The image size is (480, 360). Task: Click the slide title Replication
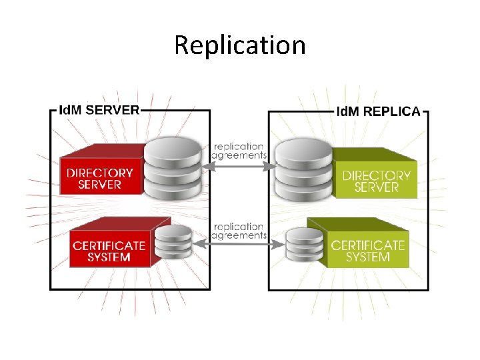point(240,45)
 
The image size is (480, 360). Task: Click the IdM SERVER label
point(99,109)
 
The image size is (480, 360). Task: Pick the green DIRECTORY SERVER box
point(377,180)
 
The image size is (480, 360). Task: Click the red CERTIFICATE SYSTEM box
point(109,250)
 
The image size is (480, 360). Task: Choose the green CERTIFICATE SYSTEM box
point(367,250)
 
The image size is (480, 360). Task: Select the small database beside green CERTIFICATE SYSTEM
point(304,245)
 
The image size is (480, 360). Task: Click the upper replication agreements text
point(239,151)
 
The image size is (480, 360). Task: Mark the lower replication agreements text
point(239,231)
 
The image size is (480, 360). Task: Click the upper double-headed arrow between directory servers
point(239,167)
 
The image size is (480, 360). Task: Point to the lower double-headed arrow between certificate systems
point(239,245)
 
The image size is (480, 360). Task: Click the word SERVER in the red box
point(100,184)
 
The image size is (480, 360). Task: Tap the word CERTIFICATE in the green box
point(367,245)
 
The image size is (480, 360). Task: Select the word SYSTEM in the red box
point(109,257)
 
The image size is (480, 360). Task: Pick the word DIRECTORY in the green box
point(377,175)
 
